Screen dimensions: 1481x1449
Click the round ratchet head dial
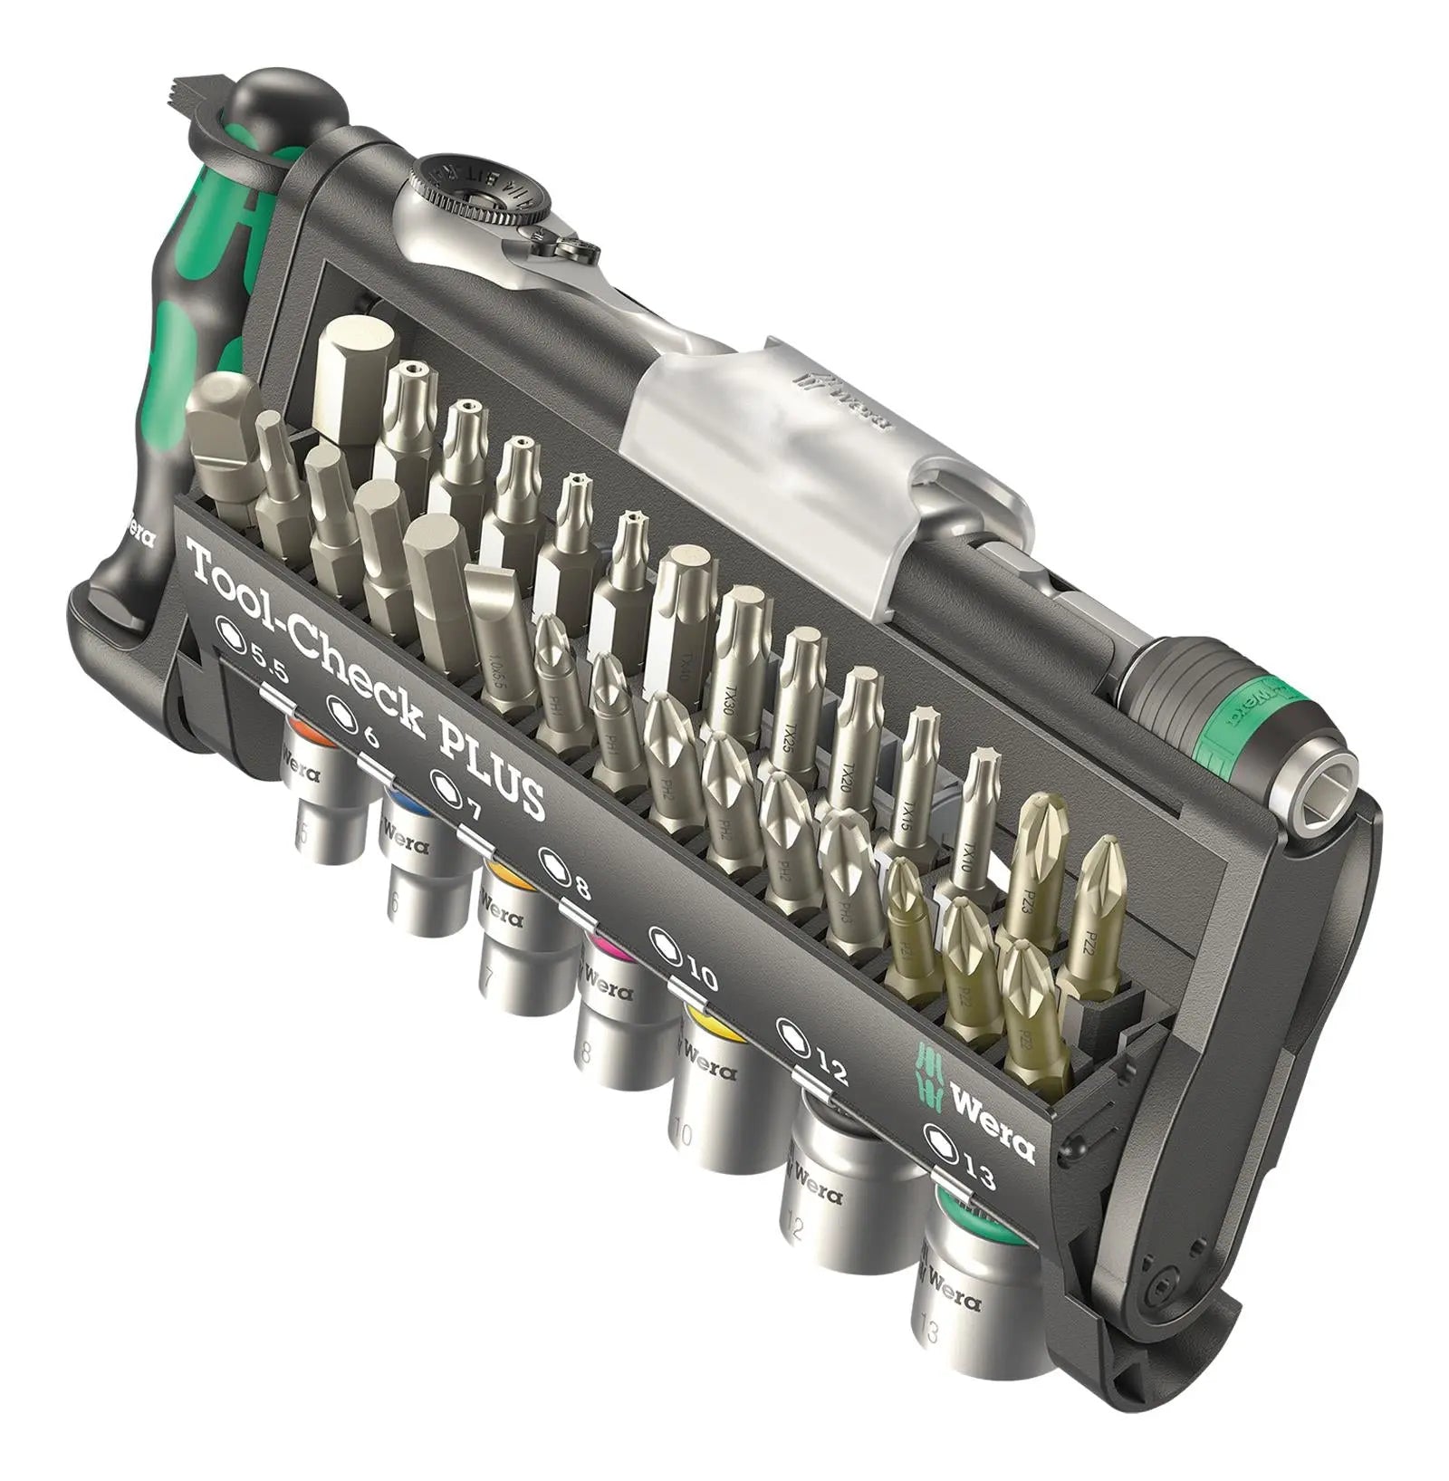click(479, 191)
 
